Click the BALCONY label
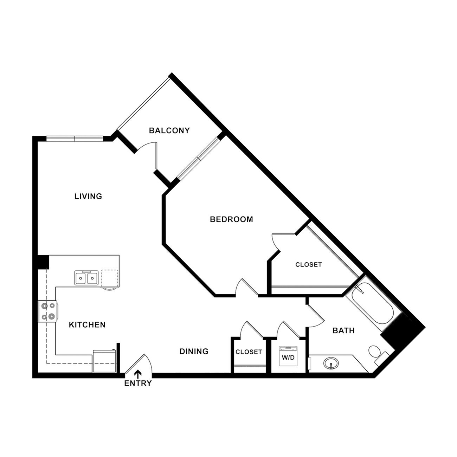tap(169, 130)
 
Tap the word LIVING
tap(88, 196)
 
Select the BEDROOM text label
tap(231, 219)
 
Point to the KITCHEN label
tap(87, 324)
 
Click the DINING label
tap(194, 351)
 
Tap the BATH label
tap(343, 330)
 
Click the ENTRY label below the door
tap(138, 383)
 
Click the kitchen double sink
tap(86, 278)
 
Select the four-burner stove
tap(48, 311)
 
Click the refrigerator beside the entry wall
tap(104, 361)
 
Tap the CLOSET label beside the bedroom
tap(308, 264)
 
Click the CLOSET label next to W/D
tap(249, 352)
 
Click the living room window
tap(75, 139)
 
